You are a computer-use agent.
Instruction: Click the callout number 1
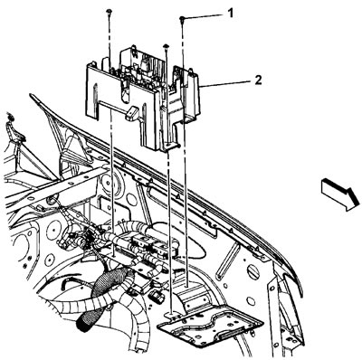(230, 13)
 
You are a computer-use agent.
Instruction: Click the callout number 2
(258, 81)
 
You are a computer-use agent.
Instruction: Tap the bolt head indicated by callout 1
(182, 19)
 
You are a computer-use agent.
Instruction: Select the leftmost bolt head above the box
(109, 12)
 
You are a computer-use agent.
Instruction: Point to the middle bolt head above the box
(166, 46)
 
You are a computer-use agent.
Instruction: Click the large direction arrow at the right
(340, 194)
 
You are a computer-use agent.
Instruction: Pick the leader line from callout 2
(226, 84)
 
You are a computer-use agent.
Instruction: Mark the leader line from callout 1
(205, 16)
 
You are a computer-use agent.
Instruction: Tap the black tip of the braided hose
(83, 323)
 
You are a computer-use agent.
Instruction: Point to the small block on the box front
(131, 113)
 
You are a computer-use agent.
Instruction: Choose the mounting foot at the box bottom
(170, 147)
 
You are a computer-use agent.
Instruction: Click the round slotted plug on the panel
(253, 272)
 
